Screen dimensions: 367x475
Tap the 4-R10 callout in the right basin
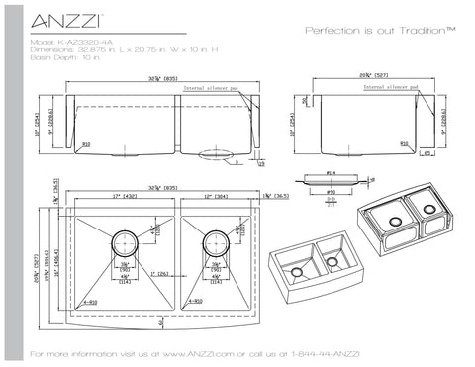[x=197, y=302]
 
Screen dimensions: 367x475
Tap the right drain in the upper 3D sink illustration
[x=431, y=209]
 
